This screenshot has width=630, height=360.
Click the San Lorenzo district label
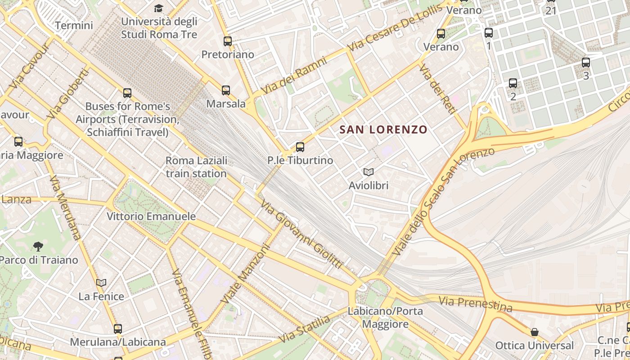click(383, 130)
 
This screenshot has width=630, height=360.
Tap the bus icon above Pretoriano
click(228, 41)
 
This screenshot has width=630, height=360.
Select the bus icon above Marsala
click(226, 90)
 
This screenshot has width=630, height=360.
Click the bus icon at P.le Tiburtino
click(300, 147)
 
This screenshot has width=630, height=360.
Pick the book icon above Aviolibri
click(369, 172)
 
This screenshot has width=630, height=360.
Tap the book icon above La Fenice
click(101, 283)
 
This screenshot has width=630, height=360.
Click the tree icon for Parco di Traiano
click(38, 246)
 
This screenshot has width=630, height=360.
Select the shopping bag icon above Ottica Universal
click(534, 332)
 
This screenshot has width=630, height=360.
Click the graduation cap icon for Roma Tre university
click(158, 8)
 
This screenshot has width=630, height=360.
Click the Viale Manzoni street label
click(246, 273)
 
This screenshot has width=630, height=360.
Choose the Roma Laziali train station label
click(196, 167)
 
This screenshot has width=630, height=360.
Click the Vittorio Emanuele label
click(151, 216)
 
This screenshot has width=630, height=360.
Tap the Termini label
click(74, 25)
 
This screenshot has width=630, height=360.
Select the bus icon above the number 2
click(513, 83)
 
